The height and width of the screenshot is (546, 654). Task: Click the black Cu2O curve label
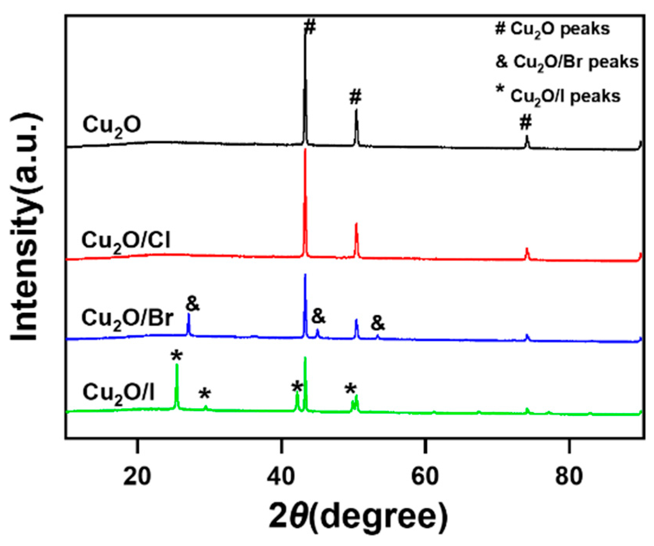pos(112,126)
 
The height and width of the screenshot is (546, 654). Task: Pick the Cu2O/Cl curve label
pos(126,241)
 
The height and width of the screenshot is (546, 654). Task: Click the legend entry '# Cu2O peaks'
pos(552,29)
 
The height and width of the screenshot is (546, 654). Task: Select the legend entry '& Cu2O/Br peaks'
pos(567,62)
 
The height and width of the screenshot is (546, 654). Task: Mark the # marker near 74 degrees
pos(526,123)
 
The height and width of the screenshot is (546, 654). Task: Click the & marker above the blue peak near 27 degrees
pos(193,304)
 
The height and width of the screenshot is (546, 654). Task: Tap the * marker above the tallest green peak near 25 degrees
pos(177,355)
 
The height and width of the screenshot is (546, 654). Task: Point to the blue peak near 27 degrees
pos(189,315)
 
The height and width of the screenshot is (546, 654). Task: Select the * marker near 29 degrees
pos(205,394)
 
